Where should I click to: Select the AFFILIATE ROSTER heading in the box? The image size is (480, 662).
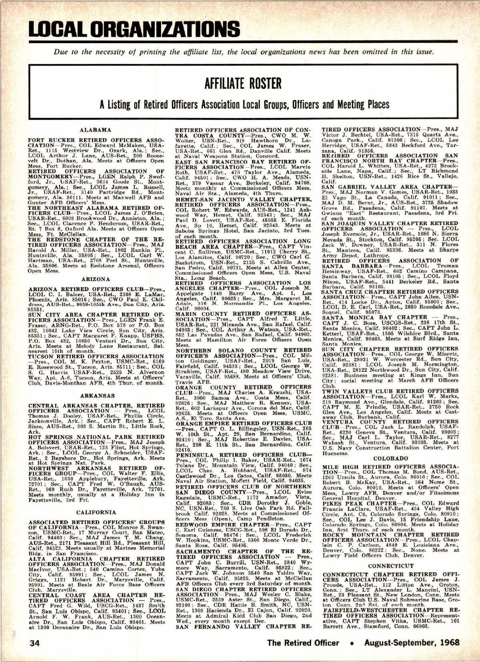[242, 84]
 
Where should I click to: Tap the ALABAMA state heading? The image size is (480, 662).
[96, 130]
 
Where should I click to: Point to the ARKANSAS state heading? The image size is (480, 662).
[96, 395]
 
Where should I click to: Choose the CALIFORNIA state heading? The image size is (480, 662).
[96, 512]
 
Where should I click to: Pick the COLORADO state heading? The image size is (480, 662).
[390, 459]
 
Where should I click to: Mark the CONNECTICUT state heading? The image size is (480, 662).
[390, 566]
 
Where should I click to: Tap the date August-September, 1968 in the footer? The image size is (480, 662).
[412, 643]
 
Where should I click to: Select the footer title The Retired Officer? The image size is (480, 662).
[303, 643]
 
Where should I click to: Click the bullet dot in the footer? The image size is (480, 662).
[352, 643]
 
